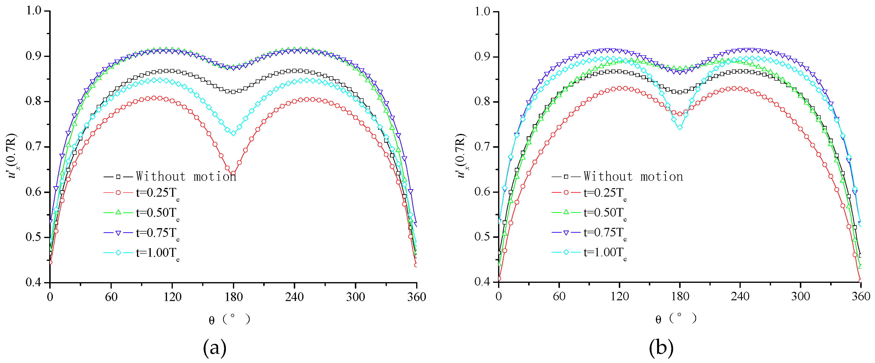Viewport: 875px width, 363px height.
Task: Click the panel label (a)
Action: click(x=214, y=348)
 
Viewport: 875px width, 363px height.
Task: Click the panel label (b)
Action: click(x=661, y=348)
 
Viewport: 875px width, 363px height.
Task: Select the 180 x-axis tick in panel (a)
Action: click(x=233, y=297)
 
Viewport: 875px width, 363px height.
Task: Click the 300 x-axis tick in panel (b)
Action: click(x=801, y=296)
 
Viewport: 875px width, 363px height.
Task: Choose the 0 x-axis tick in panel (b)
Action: click(x=498, y=296)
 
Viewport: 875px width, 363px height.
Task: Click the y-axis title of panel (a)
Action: click(x=13, y=156)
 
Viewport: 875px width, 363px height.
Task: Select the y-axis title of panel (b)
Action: click(x=461, y=156)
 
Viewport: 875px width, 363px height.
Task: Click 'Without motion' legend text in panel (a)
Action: click(x=186, y=176)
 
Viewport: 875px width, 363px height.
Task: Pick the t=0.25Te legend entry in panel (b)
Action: click(x=605, y=193)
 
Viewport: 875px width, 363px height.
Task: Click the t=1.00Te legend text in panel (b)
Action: click(x=605, y=253)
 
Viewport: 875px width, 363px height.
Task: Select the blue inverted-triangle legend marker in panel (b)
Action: click(x=566, y=233)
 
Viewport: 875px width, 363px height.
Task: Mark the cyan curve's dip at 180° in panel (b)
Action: click(x=680, y=127)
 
